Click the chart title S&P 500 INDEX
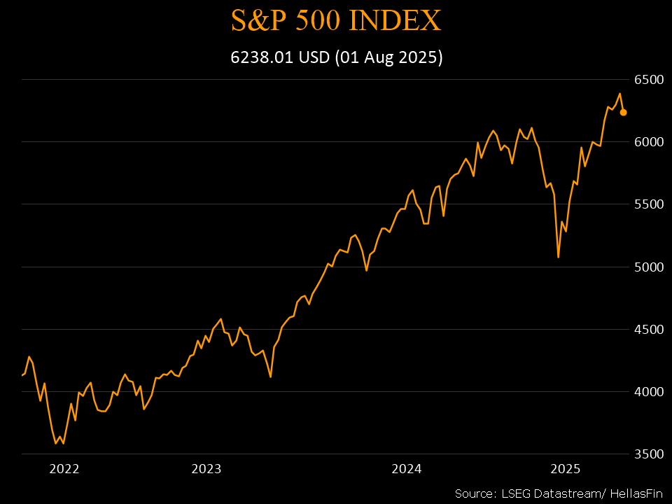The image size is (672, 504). pyautogui.click(x=336, y=20)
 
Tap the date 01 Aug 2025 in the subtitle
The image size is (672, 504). pyautogui.click(x=388, y=57)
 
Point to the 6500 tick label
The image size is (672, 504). pyautogui.click(x=648, y=80)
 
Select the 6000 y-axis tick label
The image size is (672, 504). pyautogui.click(x=648, y=142)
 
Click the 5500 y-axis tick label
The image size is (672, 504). pyautogui.click(x=648, y=204)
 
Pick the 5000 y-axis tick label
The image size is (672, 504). pyautogui.click(x=648, y=267)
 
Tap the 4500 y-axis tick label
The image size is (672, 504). pyautogui.click(x=648, y=329)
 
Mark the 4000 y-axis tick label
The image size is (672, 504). pyautogui.click(x=648, y=392)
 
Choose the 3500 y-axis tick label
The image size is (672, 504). pyautogui.click(x=648, y=454)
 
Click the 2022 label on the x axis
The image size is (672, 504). pyautogui.click(x=64, y=469)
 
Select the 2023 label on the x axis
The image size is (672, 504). pyautogui.click(x=206, y=469)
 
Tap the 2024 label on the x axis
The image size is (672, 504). pyautogui.click(x=407, y=469)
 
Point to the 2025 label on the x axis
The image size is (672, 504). pyautogui.click(x=566, y=469)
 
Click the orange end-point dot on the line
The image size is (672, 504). pyautogui.click(x=623, y=112)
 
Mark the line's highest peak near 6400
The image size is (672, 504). pyautogui.click(x=619, y=94)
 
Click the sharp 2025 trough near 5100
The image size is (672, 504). pyautogui.click(x=558, y=257)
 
